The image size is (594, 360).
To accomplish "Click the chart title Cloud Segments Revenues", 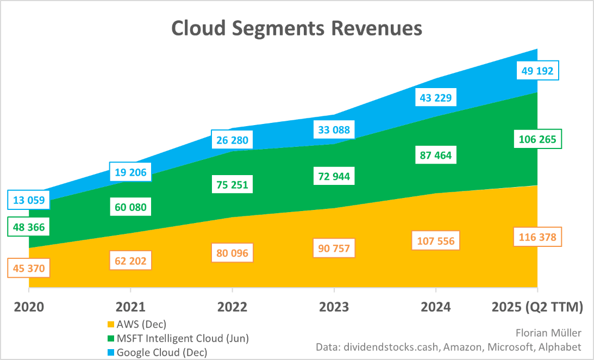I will (x=297, y=28).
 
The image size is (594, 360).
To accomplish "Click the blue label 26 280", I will (x=233, y=140).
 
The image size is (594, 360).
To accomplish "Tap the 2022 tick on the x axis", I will (x=232, y=307).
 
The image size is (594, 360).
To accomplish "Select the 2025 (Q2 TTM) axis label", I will (x=537, y=307).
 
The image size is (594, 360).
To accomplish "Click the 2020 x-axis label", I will (x=29, y=307).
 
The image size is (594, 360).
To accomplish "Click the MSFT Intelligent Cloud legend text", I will (x=183, y=338).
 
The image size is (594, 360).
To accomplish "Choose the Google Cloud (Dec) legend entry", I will (x=162, y=352).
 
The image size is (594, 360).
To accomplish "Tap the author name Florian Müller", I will (x=547, y=332).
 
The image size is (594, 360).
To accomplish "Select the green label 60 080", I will (x=131, y=207).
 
